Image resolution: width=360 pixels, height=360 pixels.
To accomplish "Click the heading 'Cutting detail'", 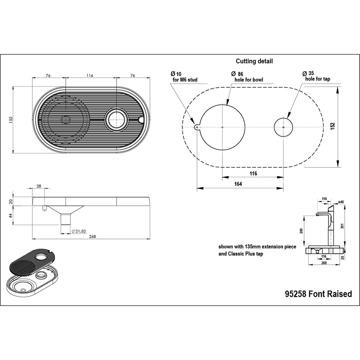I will click(254, 61).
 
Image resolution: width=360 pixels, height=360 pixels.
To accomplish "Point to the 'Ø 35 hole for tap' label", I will click(317, 76).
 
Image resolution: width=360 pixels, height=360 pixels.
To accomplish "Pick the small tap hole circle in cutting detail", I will click(283, 127).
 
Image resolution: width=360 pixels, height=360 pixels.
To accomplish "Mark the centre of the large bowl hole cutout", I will click(222, 127).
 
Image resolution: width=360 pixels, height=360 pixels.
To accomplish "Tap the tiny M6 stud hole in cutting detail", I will click(196, 127).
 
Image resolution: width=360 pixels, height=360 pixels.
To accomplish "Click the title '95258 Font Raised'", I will click(319, 294).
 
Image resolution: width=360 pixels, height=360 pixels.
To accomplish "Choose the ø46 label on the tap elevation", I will click(341, 202).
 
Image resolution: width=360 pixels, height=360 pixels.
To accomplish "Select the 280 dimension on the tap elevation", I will click(301, 231).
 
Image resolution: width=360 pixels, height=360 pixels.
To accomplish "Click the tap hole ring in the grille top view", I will click(116, 120).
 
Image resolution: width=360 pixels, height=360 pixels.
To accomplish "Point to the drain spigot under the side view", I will click(65, 219).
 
